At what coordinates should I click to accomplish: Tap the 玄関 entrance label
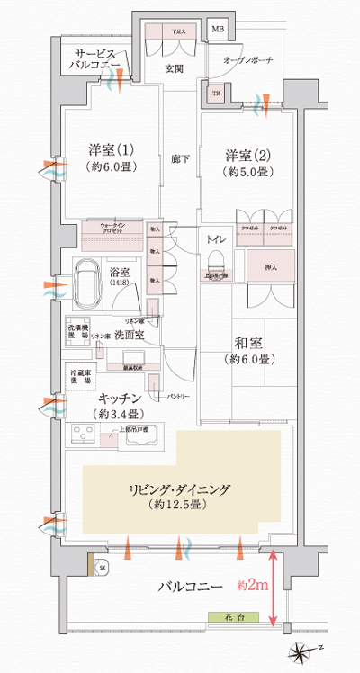(x=174, y=67)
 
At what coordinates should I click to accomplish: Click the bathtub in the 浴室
(x=87, y=282)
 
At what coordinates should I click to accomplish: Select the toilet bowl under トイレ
(x=215, y=259)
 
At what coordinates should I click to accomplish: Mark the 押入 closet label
(x=271, y=267)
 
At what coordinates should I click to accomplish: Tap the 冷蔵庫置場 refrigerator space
(x=80, y=376)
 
